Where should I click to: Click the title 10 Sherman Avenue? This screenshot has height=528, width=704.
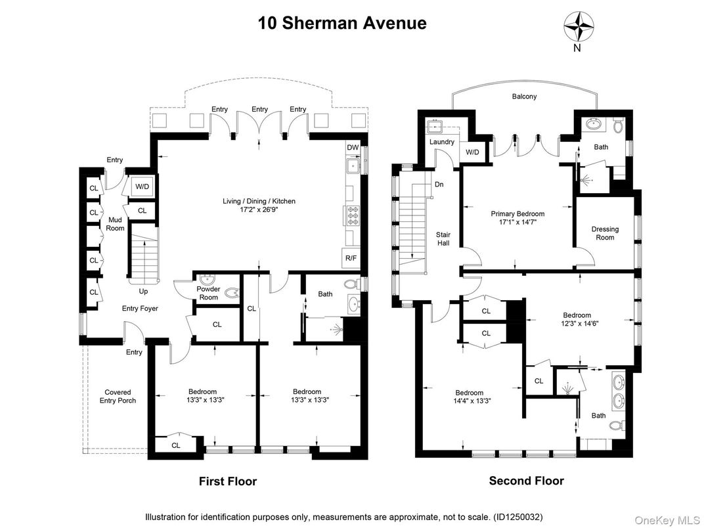341,24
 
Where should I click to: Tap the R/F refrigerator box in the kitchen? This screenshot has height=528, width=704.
351,258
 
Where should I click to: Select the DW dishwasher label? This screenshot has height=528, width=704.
353,148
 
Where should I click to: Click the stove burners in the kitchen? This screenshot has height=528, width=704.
351,215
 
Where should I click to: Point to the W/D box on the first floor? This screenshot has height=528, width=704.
142,187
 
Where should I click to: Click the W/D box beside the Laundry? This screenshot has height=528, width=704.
472,153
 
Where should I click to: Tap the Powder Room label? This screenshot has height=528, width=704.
208,293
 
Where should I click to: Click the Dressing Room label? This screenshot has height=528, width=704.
605,233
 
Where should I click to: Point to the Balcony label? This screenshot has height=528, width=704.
524,97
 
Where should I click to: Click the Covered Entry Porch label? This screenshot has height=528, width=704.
118,396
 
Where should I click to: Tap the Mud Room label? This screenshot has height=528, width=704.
116,224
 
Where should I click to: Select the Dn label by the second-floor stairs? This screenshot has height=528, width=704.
439,185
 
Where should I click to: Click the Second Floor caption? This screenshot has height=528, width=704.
526,481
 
